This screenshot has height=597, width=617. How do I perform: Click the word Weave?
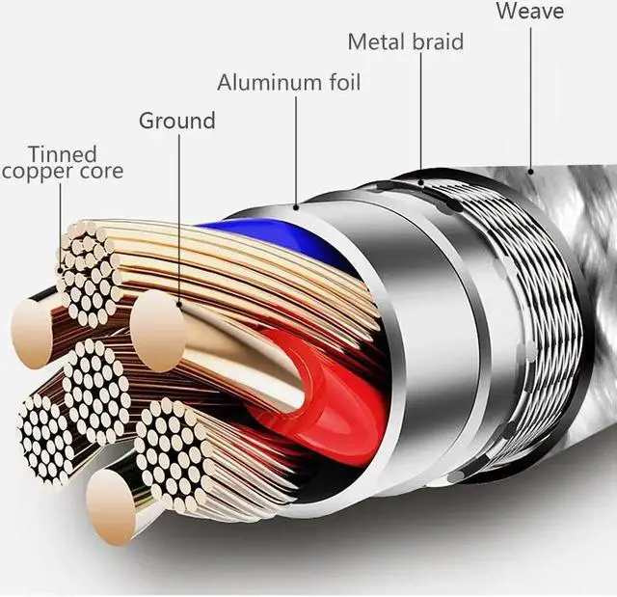click(x=529, y=11)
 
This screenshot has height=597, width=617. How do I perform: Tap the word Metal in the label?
click(x=376, y=41)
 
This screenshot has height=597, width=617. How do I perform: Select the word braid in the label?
click(x=438, y=41)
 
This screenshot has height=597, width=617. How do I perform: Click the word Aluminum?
click(x=269, y=82)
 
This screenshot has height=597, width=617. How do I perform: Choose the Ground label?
click(x=177, y=121)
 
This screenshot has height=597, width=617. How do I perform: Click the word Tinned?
click(x=63, y=154)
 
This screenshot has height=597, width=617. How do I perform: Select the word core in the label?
click(x=101, y=171)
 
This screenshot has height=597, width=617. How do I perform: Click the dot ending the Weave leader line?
click(x=530, y=171)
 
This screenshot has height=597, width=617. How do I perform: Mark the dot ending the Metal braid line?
click(x=421, y=182)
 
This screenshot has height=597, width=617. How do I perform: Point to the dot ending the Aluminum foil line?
click(x=296, y=205)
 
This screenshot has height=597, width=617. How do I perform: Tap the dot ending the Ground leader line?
click(x=179, y=304)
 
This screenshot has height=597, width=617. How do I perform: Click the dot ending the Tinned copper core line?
click(x=60, y=270)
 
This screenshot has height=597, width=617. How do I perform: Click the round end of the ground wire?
click(x=157, y=332)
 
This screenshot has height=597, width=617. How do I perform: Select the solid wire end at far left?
click(x=31, y=333)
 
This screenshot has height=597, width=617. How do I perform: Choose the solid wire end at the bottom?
click(x=110, y=507)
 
